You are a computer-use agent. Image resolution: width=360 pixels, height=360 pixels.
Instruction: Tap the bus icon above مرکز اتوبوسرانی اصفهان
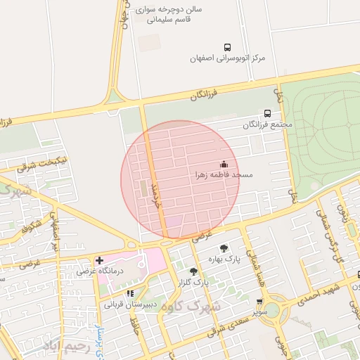[x=226, y=46]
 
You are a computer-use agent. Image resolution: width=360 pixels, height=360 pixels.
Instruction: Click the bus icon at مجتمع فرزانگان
[x=267, y=112]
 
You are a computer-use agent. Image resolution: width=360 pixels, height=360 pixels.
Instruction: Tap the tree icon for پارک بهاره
[x=224, y=247]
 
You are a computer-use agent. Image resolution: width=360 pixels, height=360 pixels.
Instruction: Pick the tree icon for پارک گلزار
[x=193, y=271]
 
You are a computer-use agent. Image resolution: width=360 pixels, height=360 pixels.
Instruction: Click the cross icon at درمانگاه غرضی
[x=99, y=260]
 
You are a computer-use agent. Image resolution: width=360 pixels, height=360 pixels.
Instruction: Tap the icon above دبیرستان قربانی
[x=129, y=293]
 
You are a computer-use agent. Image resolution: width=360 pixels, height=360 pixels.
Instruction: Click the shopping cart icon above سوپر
[x=261, y=300]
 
